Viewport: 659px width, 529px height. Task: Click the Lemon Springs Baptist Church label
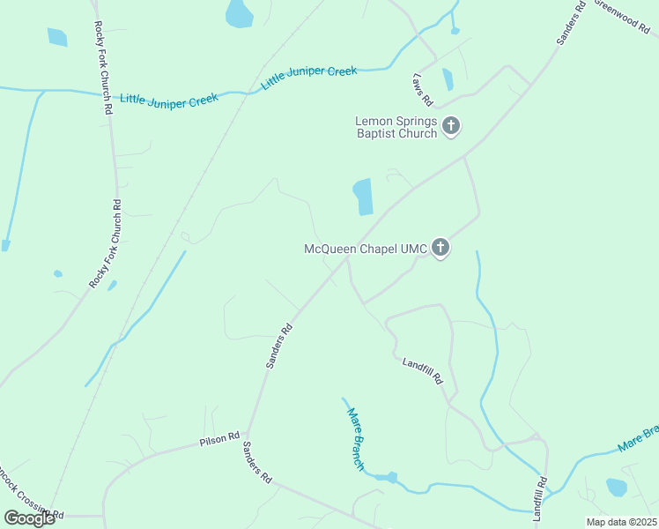396,128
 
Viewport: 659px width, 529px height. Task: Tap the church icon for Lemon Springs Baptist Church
451,127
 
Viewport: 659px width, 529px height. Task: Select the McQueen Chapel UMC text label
366,250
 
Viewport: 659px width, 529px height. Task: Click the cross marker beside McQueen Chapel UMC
441,249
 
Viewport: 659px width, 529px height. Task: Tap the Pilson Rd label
219,437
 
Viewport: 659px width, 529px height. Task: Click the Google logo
29,518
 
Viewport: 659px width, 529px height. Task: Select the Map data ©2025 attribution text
621,522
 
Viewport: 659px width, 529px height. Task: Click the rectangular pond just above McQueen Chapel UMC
363,197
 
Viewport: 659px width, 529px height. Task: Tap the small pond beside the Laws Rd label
448,79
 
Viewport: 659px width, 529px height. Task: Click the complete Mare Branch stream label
355,438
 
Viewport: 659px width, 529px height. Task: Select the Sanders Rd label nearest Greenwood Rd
571,24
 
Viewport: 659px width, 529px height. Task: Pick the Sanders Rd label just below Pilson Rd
257,462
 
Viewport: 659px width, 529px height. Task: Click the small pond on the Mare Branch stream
390,477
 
